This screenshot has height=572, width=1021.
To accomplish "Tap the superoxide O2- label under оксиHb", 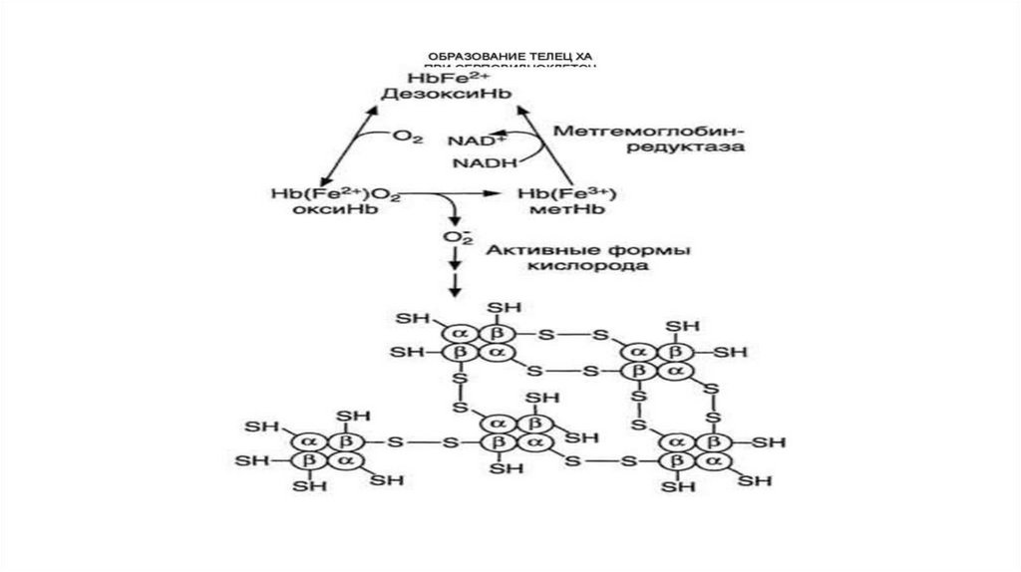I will click(455, 238).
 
